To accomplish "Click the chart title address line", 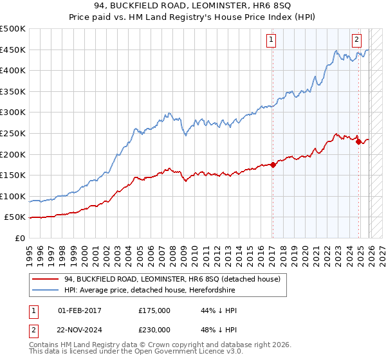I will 193,6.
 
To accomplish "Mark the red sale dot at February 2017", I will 273,165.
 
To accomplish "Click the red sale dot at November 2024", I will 358,141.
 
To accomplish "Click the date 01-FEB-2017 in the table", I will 80,310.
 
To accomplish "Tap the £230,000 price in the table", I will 154,329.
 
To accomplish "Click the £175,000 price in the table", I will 154,310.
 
